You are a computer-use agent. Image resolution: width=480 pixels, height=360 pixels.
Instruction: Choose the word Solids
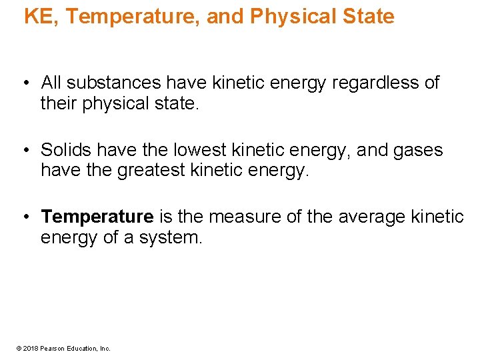[67, 150]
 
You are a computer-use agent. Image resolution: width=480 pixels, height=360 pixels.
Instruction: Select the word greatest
[151, 171]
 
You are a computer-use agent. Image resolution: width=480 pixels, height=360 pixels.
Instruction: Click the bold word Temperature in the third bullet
[97, 217]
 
